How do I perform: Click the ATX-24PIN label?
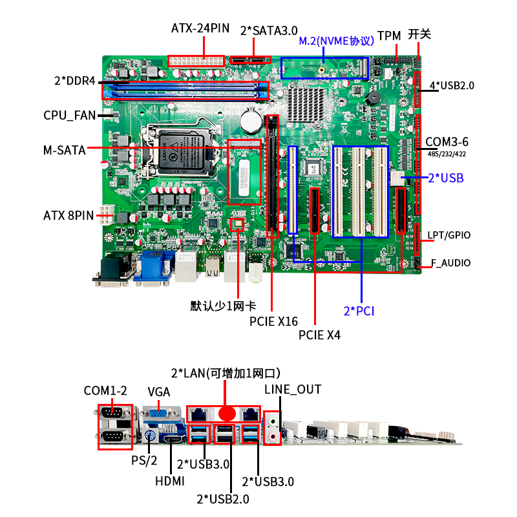[200, 28]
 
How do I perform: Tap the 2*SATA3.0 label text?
[268, 30]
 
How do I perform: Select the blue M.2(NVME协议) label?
[336, 41]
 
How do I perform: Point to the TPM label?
[389, 36]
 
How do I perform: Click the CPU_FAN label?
[69, 116]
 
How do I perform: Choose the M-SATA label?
[64, 150]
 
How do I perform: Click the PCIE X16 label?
[273, 321]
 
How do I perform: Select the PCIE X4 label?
[319, 335]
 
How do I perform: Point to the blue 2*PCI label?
[359, 311]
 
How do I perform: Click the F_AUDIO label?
[450, 263]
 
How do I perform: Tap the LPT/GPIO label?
[449, 235]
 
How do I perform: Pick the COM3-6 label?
[447, 142]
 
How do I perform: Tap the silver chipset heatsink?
[306, 102]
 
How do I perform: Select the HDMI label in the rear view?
[170, 481]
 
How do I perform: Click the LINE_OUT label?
[292, 390]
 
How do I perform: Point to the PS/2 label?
[144, 460]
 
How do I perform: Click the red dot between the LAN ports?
[226, 413]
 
